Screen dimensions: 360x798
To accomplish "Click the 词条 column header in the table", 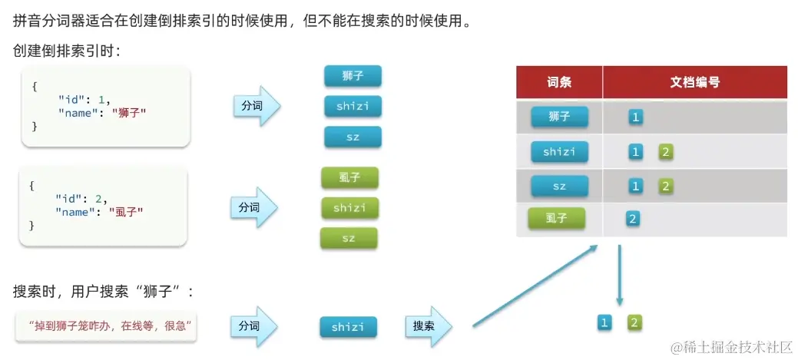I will (559, 82).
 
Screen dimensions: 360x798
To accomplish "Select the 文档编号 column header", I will (694, 82).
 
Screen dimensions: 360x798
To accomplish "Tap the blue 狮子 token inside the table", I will (559, 117).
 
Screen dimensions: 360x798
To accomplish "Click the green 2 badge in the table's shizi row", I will (666, 151).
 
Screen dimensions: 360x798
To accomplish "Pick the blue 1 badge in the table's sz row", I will (635, 186).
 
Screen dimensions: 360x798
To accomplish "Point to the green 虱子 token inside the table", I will (556, 219).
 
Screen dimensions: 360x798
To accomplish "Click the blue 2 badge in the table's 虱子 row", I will (633, 219).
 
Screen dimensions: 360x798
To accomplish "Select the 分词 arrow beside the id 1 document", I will (254, 106).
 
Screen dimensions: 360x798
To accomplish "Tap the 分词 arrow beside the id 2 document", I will (252, 207).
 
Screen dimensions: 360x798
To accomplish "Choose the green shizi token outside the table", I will (349, 208).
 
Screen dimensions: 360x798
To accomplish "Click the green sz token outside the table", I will (349, 238).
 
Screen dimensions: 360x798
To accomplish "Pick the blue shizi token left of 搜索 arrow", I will (348, 327).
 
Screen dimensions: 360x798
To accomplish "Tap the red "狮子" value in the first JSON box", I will (128, 112).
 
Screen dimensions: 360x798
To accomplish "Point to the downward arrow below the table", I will (619, 276).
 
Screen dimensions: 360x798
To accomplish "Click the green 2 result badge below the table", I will (634, 323).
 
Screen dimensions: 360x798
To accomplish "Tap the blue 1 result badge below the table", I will (604, 323).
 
